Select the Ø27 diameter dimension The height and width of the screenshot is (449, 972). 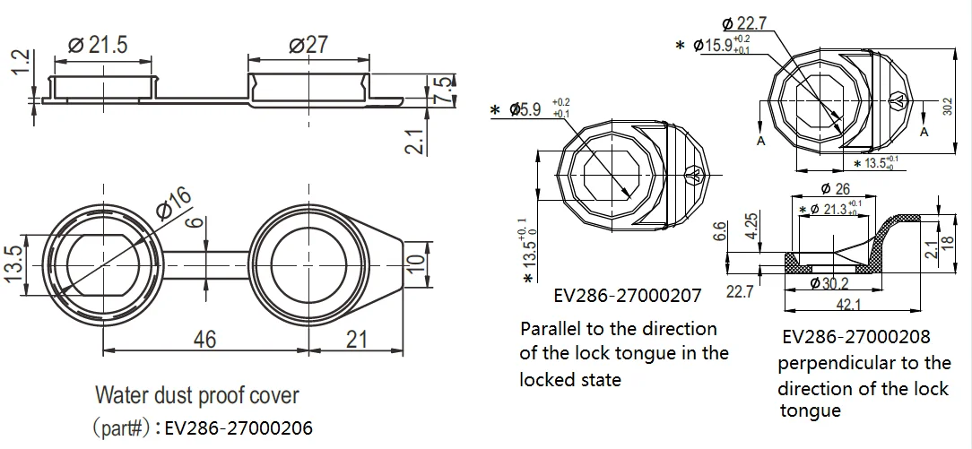pos(308,45)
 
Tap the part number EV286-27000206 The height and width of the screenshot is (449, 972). pos(239,427)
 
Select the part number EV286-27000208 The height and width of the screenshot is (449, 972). pos(856,337)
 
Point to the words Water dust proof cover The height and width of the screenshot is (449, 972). pos(197,394)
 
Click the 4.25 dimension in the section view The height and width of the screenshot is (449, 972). pos(751,222)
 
